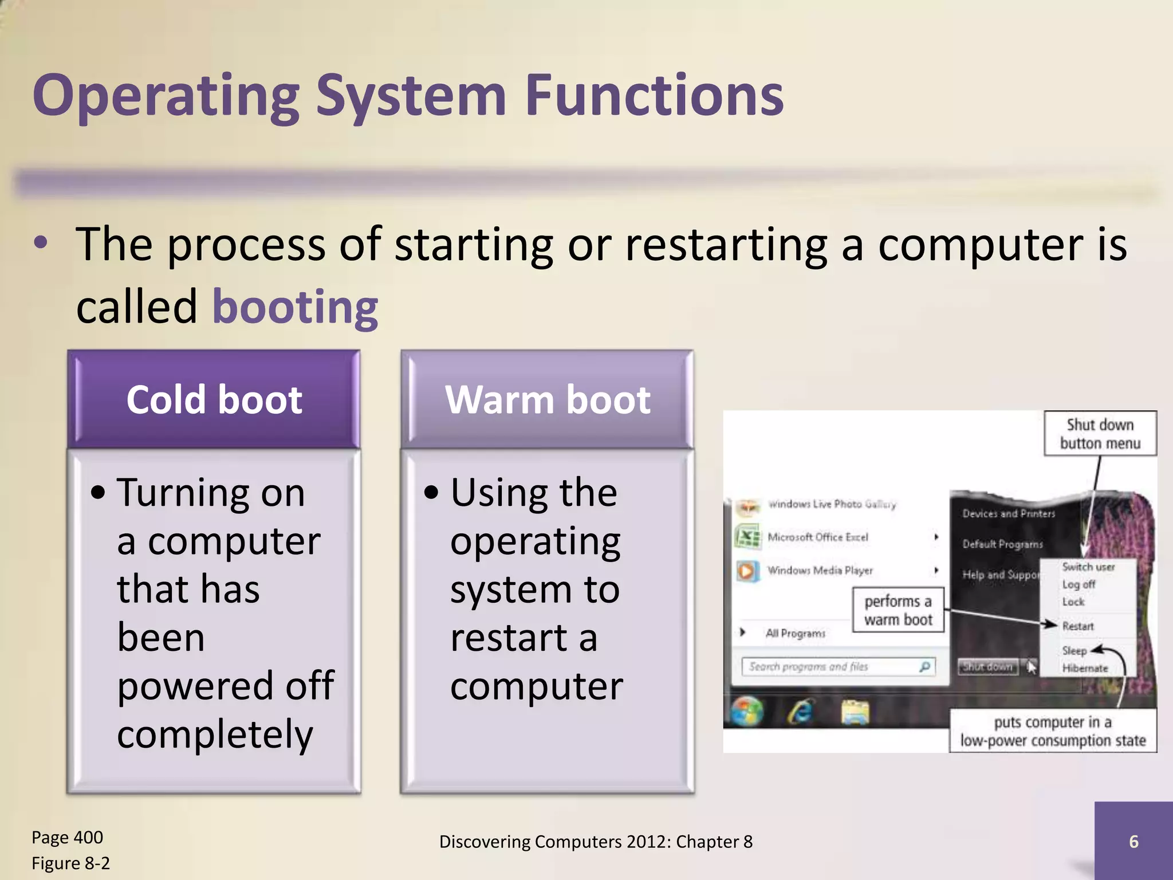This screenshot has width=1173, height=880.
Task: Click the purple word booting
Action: (295, 307)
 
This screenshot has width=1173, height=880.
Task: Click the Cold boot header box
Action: (214, 399)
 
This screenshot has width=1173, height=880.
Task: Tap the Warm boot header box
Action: (548, 399)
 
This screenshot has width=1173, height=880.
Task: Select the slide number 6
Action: (1133, 841)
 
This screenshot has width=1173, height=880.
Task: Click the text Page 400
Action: (67, 837)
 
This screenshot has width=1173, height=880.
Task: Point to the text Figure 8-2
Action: (70, 863)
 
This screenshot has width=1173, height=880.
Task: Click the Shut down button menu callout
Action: (1100, 434)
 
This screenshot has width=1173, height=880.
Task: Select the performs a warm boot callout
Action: (898, 610)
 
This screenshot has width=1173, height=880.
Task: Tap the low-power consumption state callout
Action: (1053, 731)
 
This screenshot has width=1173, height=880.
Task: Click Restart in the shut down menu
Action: (1078, 626)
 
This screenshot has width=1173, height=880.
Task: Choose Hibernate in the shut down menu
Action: (1085, 668)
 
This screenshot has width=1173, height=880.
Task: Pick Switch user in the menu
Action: (1088, 567)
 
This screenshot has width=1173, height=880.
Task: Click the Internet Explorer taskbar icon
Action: (801, 713)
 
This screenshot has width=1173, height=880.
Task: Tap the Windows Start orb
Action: (747, 713)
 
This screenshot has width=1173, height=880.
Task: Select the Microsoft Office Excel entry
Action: (817, 537)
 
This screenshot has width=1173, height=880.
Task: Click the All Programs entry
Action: (795, 633)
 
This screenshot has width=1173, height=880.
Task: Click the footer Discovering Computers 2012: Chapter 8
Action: (596, 842)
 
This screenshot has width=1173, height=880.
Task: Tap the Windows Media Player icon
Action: (747, 571)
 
